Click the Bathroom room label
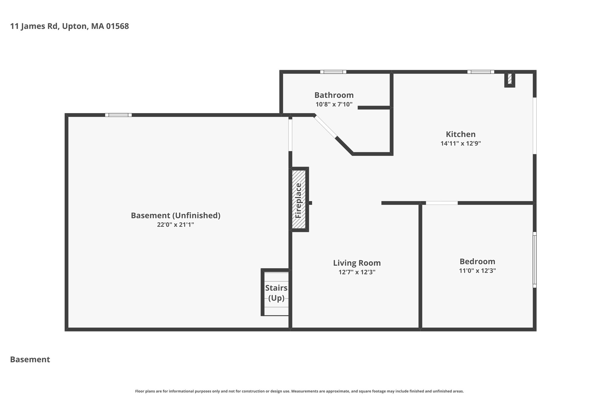pos(334,95)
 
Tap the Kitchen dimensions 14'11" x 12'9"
pos(461,144)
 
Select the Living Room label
pos(357,263)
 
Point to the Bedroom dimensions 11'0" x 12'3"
pos(477,271)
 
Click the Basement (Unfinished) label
pos(175,216)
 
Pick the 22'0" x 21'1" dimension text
pos(175,225)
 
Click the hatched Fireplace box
pos(299,199)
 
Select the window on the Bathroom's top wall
pos(333,72)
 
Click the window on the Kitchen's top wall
pos(481,72)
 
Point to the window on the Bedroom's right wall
pos(535,260)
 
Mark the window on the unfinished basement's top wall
pos(118,115)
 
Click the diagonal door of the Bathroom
pos(326,126)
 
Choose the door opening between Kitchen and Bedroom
pos(442,203)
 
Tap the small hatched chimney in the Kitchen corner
pos(510,79)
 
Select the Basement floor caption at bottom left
pos(30,360)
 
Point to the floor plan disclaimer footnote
pos(299,391)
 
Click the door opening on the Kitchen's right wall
pos(535,126)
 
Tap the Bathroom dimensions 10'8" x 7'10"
pos(334,104)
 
